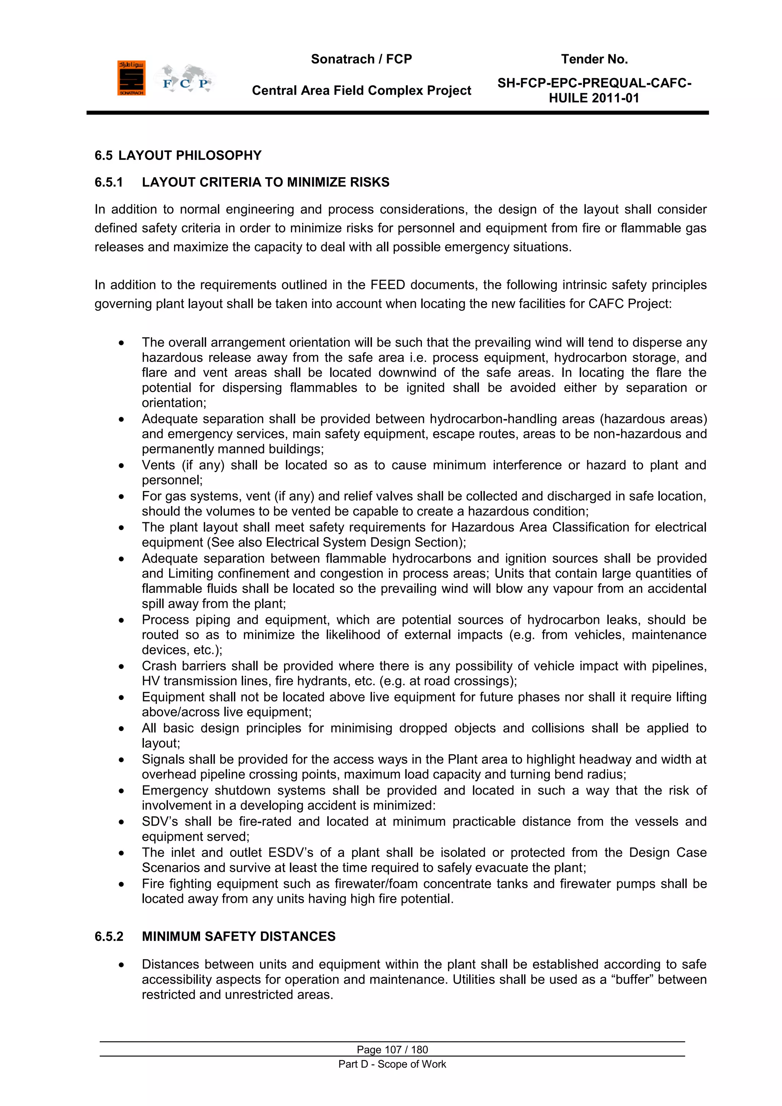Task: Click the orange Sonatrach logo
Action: click(131, 78)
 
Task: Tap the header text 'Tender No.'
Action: click(594, 59)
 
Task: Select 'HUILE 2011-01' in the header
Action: click(594, 98)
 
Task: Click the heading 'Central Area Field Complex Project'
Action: click(361, 91)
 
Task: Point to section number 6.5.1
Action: click(109, 182)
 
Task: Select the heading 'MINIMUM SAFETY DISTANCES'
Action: click(238, 936)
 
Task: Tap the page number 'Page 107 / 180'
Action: click(392, 1049)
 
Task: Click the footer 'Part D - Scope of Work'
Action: click(392, 1064)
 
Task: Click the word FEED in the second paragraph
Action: click(388, 285)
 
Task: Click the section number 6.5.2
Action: click(109, 936)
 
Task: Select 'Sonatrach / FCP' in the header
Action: click(361, 59)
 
